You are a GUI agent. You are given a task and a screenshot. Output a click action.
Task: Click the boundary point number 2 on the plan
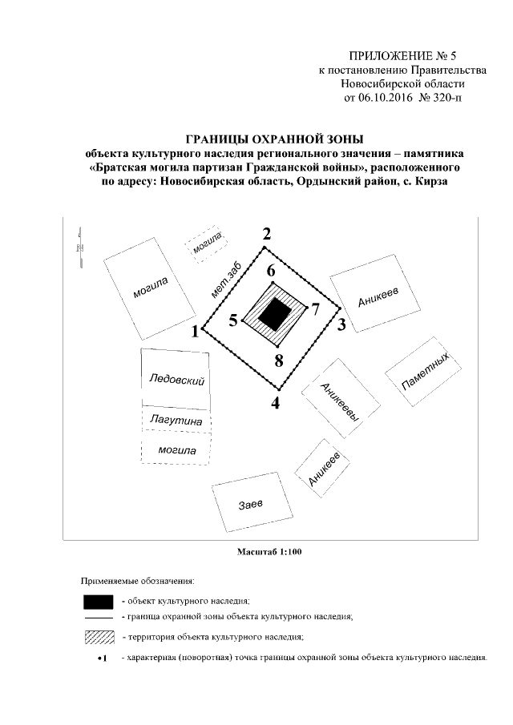(267, 234)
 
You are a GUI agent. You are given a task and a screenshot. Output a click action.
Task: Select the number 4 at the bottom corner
(276, 404)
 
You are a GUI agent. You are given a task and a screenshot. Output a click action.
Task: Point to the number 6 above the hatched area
(272, 271)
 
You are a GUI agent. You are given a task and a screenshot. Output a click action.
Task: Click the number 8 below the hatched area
(279, 360)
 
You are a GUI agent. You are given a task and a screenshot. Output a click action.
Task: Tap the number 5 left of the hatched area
(233, 320)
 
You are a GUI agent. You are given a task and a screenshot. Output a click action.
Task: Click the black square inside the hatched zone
(277, 313)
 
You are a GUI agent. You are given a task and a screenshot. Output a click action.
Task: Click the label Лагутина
(176, 420)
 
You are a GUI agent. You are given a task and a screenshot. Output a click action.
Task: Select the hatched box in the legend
(98, 638)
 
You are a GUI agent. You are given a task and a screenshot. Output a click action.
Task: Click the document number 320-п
(446, 98)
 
